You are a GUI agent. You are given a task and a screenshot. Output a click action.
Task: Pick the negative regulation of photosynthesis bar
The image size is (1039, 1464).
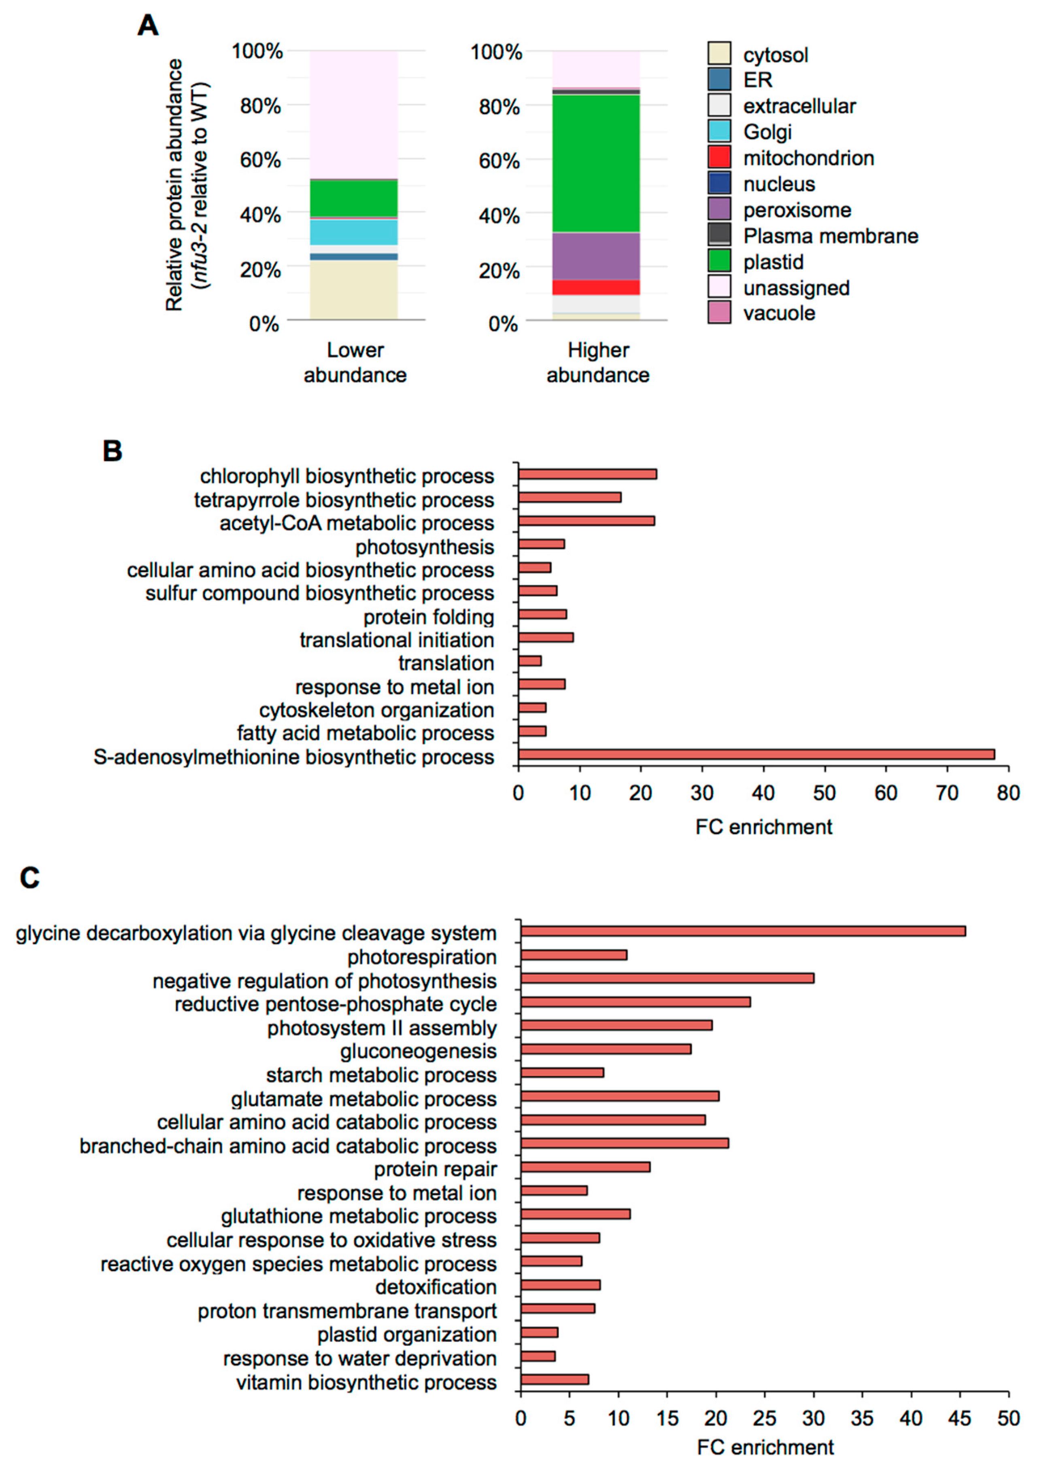667,978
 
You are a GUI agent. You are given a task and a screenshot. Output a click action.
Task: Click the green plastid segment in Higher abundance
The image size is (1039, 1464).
596,163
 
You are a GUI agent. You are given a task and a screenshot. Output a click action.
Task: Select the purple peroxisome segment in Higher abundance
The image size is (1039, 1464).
596,256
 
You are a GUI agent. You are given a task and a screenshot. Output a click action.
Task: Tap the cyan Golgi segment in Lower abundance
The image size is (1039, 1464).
354,232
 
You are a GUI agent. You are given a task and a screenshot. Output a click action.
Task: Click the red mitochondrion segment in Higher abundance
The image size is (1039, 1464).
596,287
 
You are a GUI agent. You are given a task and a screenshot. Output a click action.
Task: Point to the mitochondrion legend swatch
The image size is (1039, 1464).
719,157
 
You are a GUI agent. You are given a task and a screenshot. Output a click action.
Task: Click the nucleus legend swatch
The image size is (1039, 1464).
719,184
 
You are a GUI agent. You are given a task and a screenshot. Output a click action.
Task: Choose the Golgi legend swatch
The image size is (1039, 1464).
719,131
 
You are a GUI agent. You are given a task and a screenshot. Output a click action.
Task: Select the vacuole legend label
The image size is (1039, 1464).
779,313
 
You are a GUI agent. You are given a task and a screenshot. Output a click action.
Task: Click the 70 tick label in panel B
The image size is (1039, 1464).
947,793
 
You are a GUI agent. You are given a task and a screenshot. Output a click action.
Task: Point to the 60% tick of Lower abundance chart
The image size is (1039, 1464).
260,160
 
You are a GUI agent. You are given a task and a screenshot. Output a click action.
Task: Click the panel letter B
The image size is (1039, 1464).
113,451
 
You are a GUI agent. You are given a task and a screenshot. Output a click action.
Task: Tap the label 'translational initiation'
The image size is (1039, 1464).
397,640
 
